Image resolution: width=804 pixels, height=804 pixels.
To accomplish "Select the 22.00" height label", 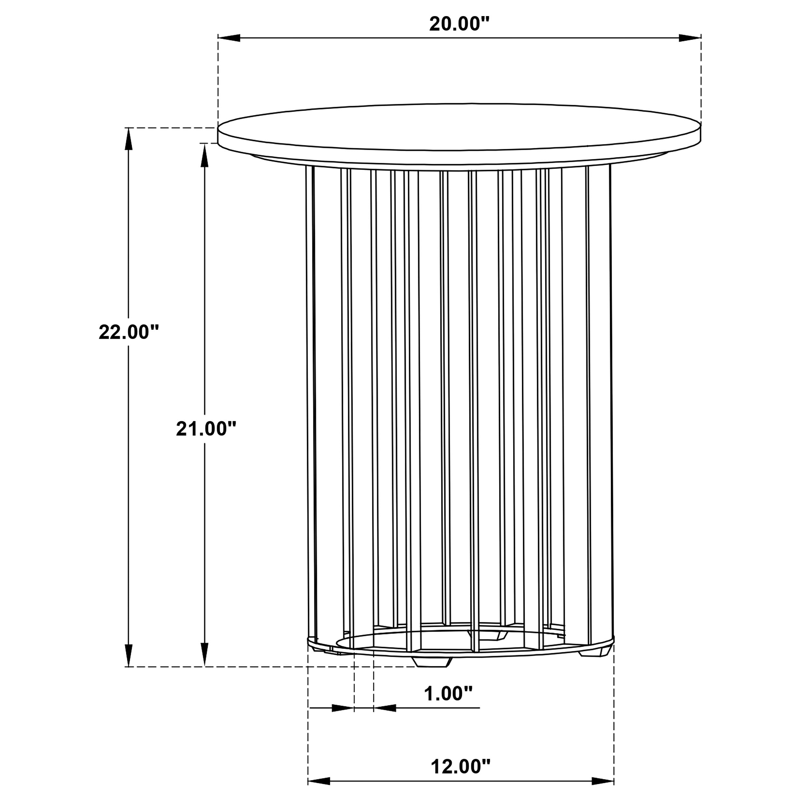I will pos(129,332).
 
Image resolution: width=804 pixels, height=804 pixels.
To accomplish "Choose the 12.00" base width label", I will pos(461,767).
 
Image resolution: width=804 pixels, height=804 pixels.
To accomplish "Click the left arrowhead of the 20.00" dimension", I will pos(229,38).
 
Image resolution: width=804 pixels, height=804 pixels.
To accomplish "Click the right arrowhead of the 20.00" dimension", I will pos(690,38).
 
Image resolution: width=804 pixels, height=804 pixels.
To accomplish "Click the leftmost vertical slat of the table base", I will pos(310,408).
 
